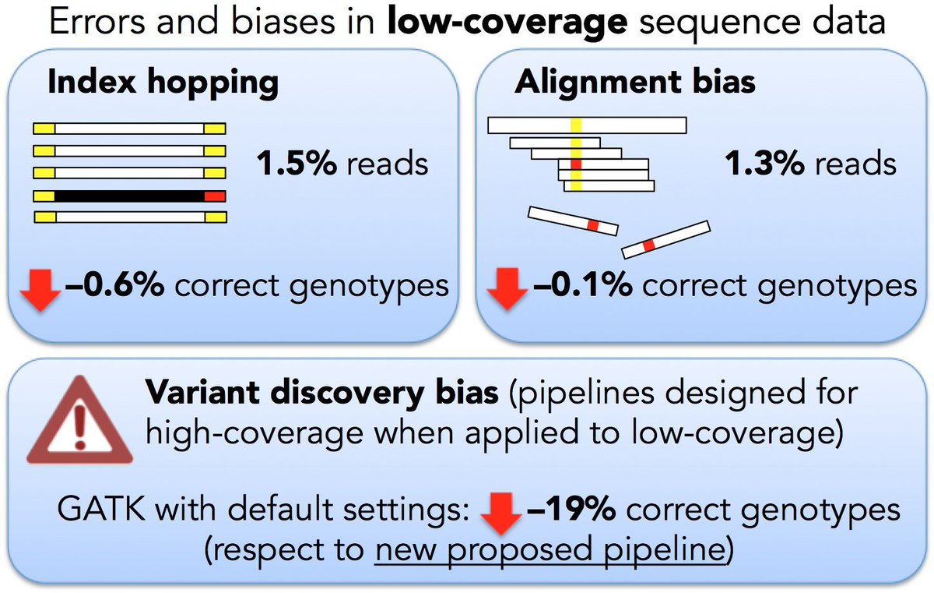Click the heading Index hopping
tap(163, 83)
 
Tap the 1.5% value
tap(296, 164)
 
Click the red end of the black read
tap(215, 196)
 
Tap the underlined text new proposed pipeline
tap(550, 551)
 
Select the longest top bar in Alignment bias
tap(586, 125)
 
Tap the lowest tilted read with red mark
tap(665, 238)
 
